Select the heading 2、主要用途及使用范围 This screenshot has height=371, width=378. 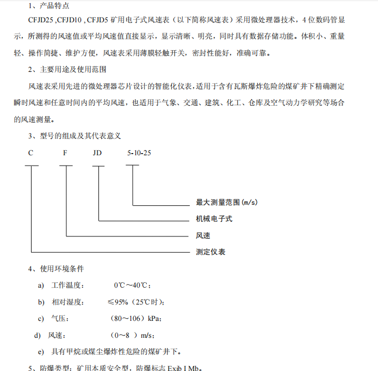coord(67,70)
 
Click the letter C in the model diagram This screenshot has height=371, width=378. coord(31,153)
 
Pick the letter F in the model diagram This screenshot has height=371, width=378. coord(65,153)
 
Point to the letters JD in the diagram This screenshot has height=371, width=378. coord(98,153)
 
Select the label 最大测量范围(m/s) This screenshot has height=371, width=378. coord(227,203)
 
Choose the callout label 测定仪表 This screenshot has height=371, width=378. coord(210,252)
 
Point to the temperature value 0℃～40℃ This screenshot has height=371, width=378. coord(132,285)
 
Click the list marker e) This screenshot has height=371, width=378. coord(41,351)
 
